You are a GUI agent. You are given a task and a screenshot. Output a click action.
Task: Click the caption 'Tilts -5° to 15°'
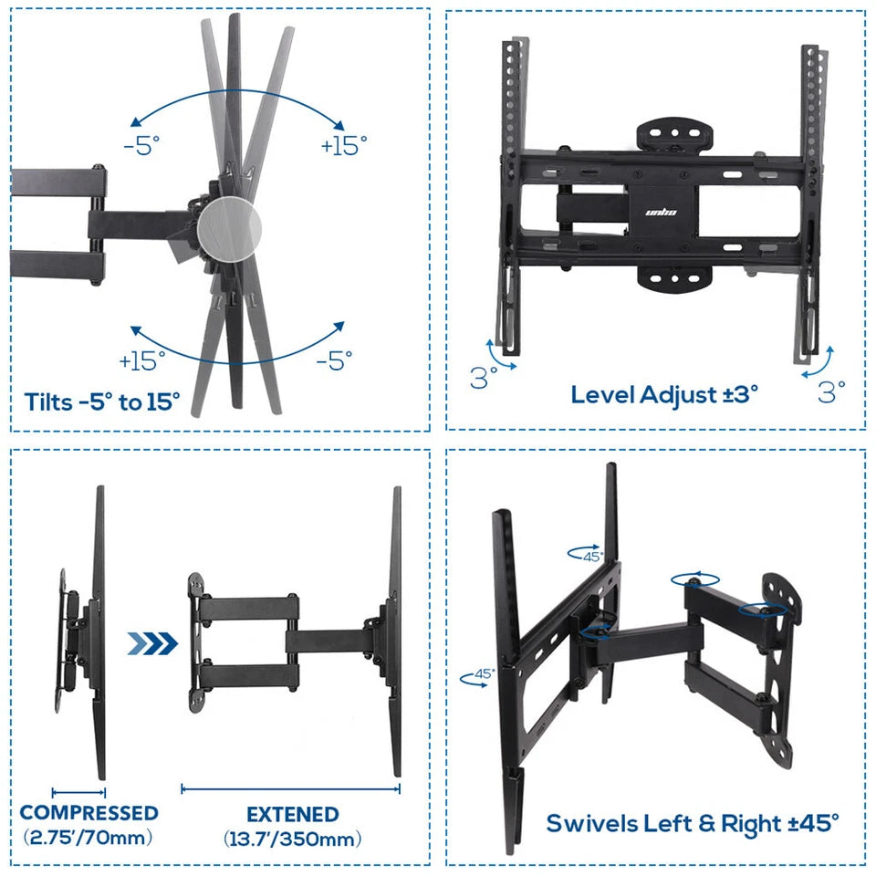pos(102,401)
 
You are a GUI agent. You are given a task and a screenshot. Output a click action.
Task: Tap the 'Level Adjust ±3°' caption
pos(664,395)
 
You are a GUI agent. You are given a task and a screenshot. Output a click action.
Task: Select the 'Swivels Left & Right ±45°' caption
pos(692,822)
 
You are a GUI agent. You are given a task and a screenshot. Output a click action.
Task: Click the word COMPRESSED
pos(89,812)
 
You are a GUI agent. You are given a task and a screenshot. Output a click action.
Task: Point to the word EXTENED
pos(292,814)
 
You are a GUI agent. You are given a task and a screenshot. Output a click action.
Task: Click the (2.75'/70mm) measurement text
pos(88,837)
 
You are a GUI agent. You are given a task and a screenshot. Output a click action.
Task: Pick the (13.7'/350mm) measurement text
pos(292,838)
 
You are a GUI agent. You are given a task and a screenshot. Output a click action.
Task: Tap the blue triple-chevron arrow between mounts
pos(151,644)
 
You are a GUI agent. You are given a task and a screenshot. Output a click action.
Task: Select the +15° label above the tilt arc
pos(344,145)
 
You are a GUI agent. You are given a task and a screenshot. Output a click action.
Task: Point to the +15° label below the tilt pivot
pos(142,360)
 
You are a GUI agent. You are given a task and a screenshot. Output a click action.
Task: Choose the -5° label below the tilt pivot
pos(334,360)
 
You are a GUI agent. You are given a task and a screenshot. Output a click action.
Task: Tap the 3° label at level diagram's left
pos(484,377)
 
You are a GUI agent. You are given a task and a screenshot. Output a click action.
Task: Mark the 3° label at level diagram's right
pos(831,391)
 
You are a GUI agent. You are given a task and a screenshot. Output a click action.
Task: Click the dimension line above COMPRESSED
pos(79,793)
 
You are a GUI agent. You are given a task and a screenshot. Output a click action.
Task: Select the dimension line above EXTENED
pos(290,788)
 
